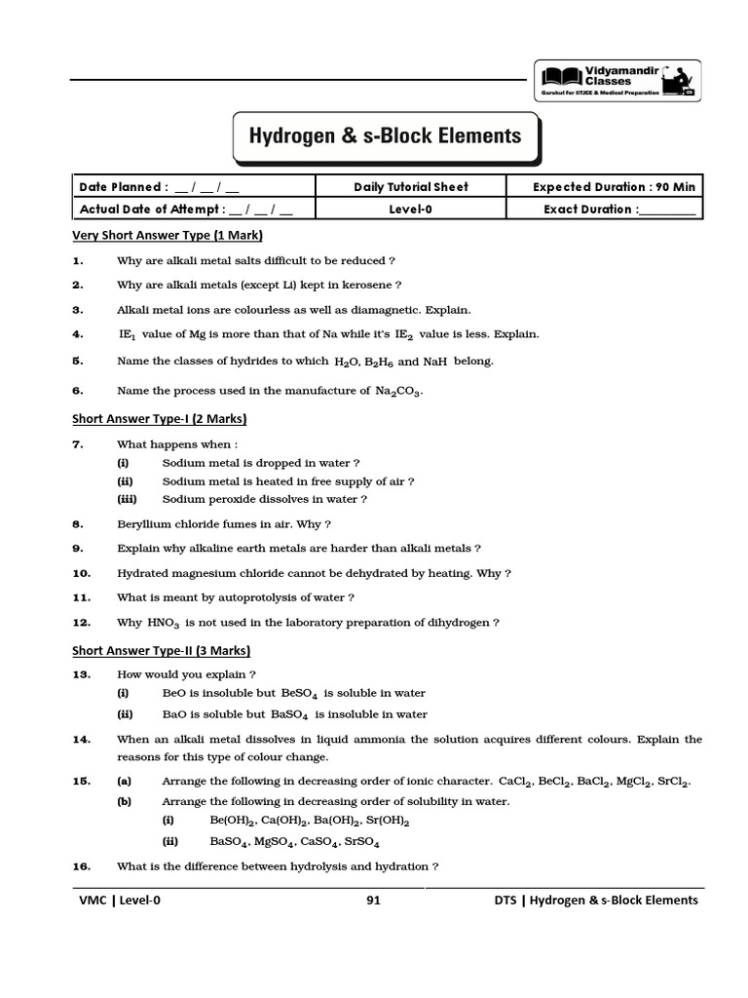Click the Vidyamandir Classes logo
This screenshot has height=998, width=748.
[x=617, y=81]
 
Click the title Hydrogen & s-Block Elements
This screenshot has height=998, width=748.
[x=387, y=136]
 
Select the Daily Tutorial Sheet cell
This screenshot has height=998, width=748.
[x=410, y=187]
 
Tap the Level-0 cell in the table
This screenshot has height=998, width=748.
[x=410, y=209]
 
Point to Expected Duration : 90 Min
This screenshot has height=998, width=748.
[x=615, y=187]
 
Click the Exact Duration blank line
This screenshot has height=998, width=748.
[x=668, y=210]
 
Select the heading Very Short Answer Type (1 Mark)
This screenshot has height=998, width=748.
[x=168, y=236]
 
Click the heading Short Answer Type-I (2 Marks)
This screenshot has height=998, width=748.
[x=160, y=419]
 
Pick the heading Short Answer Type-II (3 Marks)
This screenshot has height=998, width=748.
[x=162, y=650]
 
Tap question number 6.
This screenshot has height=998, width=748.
[x=79, y=391]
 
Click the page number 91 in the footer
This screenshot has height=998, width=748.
[x=373, y=901]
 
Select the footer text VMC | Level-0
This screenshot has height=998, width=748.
[x=120, y=901]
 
